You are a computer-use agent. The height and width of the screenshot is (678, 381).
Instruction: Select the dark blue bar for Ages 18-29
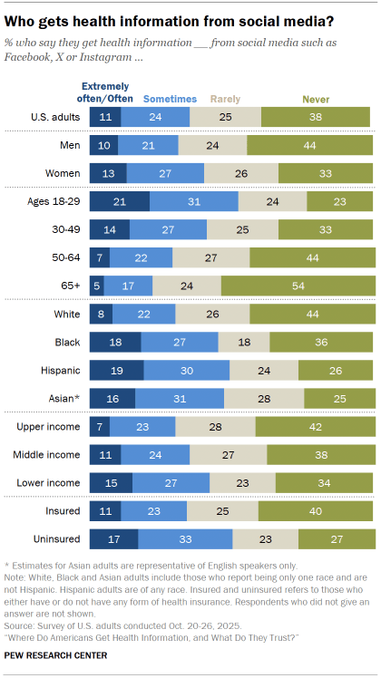coord(118,200)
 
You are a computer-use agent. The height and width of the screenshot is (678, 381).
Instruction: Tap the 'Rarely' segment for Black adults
coord(244,342)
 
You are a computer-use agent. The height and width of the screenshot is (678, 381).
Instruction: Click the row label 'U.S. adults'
coord(54,116)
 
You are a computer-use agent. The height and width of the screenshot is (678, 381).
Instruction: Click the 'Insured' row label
coord(62,511)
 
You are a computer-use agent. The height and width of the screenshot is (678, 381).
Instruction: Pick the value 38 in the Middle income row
coord(318,453)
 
